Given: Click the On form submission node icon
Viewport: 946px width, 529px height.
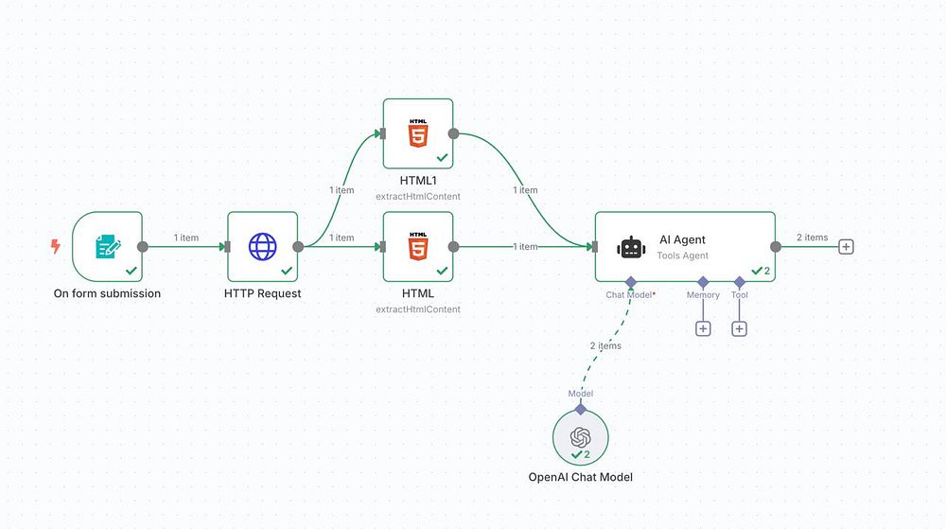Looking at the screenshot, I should (108, 247).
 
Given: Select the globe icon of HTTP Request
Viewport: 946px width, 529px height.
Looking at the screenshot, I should (262, 247).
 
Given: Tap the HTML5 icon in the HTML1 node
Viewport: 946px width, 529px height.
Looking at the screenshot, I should (417, 133).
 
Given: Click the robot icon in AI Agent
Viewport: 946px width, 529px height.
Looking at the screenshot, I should (630, 247).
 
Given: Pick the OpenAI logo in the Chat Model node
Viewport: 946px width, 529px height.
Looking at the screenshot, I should (580, 437).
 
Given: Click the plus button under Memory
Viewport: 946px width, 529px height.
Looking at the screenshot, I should (703, 328).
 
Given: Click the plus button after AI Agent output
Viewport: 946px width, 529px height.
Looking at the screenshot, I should (846, 247).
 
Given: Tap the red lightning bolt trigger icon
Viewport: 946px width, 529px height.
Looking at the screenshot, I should (55, 247).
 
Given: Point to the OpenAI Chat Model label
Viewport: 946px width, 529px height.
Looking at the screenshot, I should (580, 477).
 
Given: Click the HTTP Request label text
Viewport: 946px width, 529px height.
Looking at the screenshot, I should (262, 293).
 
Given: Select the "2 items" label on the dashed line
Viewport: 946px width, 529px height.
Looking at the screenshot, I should (605, 346).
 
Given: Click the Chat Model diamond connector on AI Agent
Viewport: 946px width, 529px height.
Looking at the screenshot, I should (629, 281).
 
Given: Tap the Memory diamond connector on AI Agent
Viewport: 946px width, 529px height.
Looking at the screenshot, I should (703, 281).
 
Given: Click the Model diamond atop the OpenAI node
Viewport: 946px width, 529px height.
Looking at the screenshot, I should (580, 409).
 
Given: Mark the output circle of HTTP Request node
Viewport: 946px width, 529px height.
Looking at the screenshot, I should (298, 247).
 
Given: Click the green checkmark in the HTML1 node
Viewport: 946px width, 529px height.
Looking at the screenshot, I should (442, 157).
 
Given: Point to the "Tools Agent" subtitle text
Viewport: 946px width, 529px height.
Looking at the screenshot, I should (682, 256).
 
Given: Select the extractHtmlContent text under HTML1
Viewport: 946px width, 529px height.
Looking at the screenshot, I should (417, 196).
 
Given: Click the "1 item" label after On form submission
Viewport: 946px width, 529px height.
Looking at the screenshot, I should (186, 238).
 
